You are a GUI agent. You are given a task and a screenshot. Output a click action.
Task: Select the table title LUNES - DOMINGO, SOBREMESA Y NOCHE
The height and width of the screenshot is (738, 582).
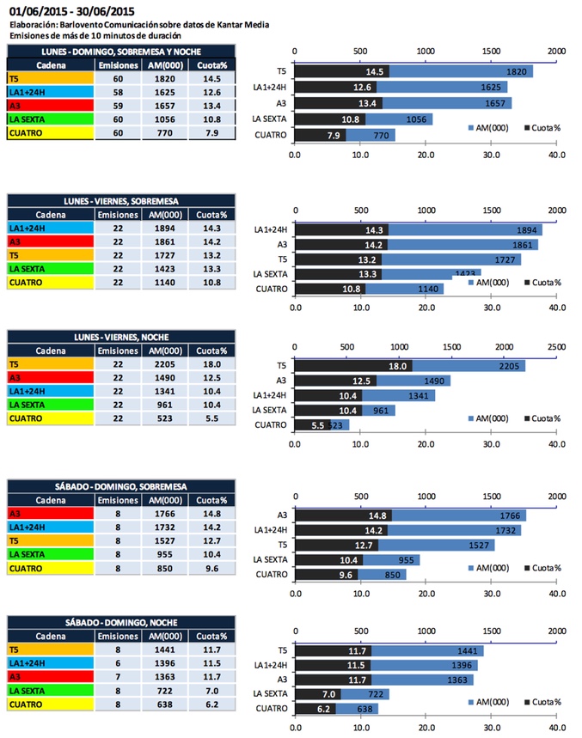coord(122,52)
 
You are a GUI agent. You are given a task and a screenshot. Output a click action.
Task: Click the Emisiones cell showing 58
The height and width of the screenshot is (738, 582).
coord(118,92)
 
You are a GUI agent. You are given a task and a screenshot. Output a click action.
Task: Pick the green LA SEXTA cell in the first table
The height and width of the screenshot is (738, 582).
coord(49,119)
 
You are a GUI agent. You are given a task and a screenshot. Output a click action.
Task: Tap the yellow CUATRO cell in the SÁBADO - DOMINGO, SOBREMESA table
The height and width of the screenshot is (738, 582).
coord(49,568)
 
